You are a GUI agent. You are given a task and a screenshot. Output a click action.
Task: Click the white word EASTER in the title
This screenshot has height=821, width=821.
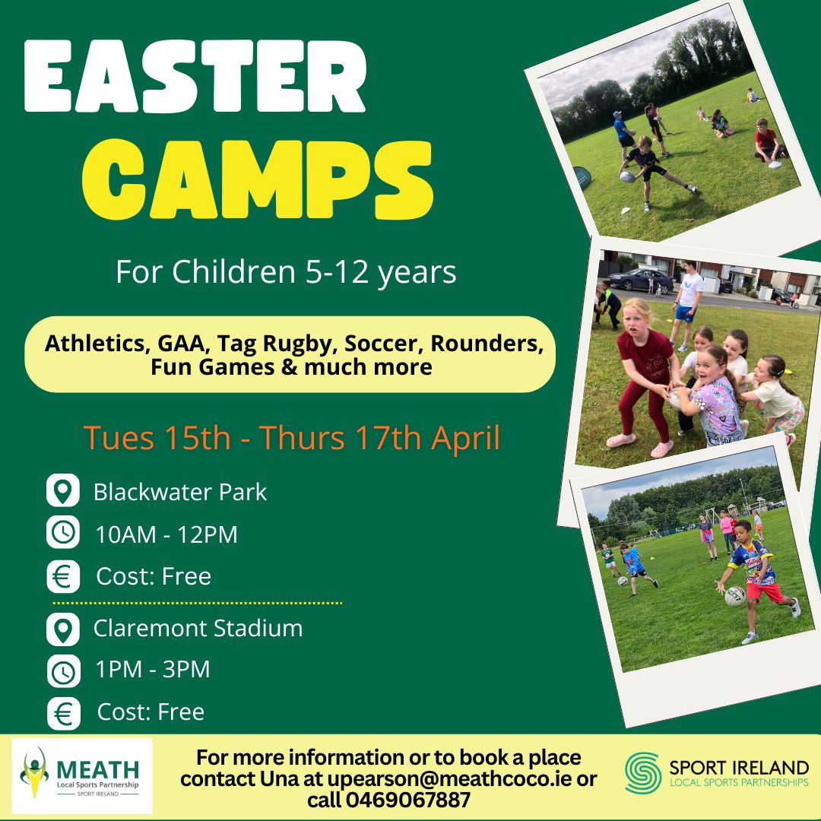click(x=195, y=77)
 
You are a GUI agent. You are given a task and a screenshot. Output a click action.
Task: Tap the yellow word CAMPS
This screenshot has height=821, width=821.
click(x=258, y=179)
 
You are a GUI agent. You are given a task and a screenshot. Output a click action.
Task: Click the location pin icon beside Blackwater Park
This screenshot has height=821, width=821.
click(x=63, y=490)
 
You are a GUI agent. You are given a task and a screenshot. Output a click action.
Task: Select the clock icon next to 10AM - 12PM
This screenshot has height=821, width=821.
click(x=63, y=532)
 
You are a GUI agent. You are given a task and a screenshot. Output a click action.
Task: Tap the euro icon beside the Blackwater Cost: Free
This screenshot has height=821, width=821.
click(x=63, y=576)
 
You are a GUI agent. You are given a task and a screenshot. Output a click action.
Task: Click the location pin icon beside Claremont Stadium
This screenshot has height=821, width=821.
click(x=63, y=629)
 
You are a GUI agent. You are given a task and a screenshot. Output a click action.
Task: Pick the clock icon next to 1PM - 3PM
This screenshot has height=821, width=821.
click(x=63, y=670)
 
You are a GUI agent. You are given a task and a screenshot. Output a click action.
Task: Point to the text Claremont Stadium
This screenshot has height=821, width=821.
click(x=198, y=629)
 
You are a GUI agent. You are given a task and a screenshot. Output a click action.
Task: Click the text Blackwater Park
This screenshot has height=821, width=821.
click(x=180, y=492)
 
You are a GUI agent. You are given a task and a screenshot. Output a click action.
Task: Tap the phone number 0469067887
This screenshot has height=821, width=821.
click(x=408, y=800)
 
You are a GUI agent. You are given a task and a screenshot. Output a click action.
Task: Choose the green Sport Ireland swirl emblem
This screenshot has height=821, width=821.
click(x=643, y=773)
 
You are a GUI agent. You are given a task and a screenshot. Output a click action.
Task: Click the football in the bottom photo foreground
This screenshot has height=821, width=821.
click(x=734, y=597)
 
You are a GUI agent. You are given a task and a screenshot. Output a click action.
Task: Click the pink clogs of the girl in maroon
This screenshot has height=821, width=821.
click(x=640, y=444)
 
